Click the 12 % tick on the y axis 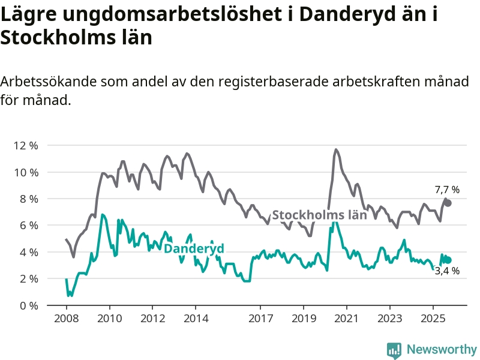pos(25,146)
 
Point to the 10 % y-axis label pos(25,172)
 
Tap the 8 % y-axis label pos(28,199)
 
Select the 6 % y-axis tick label pos(28,226)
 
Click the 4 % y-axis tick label pos(28,252)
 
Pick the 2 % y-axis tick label pos(28,278)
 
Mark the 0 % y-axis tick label pos(28,305)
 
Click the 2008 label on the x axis pos(66,317)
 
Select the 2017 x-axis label pos(260,317)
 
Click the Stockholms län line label pos(319,215)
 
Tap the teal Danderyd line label pos(194,249)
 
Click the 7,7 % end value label pos(447,190)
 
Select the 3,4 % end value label pos(447,271)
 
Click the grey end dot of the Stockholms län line pos(448,203)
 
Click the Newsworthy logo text pos(442,349)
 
